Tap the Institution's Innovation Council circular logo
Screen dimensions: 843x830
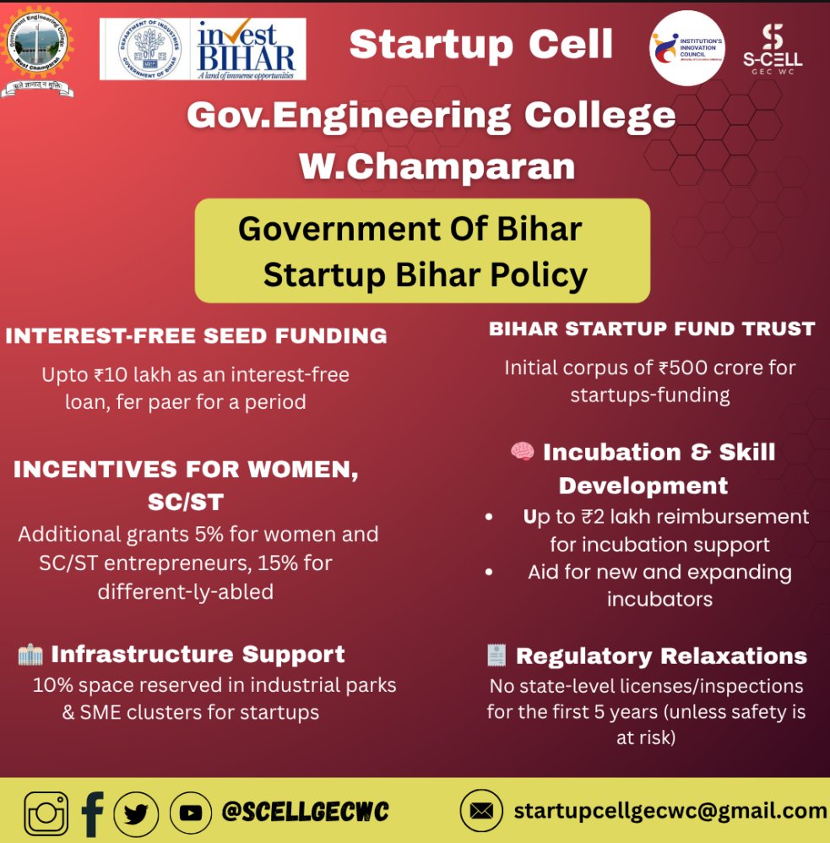687,47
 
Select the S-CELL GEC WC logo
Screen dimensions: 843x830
772,49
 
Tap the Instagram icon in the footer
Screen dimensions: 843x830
46,813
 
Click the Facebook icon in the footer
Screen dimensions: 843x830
92,813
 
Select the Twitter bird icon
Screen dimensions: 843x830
136,813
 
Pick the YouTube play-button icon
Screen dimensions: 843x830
191,813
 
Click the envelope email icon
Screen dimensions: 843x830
481,812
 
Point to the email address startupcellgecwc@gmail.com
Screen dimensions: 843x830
670,812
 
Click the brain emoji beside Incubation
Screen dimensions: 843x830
523,452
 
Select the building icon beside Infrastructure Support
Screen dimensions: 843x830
30,654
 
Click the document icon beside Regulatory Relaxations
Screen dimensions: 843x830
496,655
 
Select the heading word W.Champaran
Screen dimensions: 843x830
437,166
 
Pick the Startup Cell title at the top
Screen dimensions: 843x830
481,44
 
